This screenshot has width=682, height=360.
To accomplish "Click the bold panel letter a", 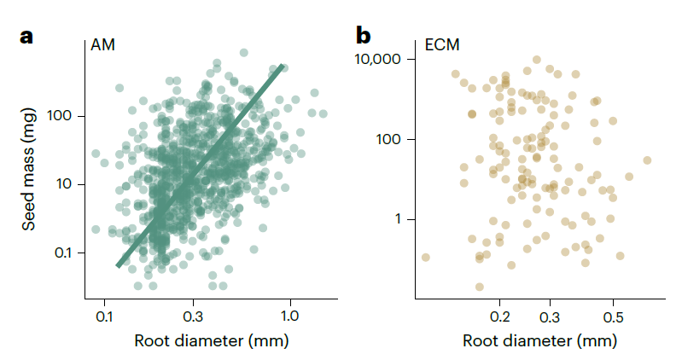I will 27,37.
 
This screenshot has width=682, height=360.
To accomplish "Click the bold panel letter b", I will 364,37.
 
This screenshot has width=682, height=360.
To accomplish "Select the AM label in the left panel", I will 102,45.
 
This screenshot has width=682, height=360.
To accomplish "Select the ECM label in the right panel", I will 441,45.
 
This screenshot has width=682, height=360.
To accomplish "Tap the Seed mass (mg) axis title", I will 29,174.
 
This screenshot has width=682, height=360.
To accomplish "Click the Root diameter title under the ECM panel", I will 539,340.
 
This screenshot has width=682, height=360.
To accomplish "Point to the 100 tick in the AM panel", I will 68,116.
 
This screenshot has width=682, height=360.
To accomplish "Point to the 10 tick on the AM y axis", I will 72,184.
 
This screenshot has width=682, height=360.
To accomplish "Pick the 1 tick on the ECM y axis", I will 399,219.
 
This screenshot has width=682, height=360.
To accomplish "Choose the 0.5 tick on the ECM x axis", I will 613,317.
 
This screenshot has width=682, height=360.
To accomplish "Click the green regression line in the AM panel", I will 201,166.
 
